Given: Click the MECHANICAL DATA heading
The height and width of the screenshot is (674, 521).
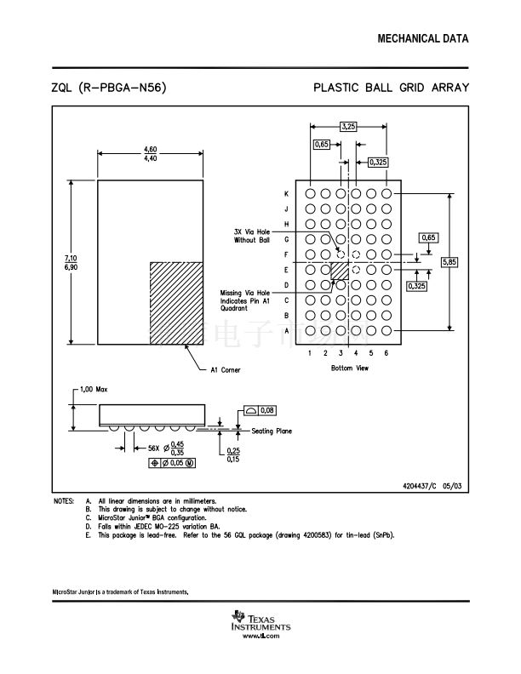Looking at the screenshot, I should click(x=422, y=39).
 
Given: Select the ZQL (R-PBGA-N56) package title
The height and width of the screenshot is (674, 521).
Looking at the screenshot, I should click(x=108, y=88).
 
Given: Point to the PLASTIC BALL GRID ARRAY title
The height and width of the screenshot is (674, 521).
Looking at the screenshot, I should click(x=391, y=88).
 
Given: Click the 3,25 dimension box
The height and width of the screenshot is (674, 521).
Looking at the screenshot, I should click(x=348, y=126).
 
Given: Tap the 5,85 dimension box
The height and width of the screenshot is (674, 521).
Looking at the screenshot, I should click(x=449, y=262).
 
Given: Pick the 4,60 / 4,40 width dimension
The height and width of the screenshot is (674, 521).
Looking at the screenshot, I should click(x=150, y=154).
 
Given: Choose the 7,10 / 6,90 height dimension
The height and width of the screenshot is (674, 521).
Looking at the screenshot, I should click(x=70, y=262).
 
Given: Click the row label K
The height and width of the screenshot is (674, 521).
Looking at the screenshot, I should click(x=287, y=193).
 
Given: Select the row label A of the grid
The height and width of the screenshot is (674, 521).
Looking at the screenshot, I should click(x=287, y=330).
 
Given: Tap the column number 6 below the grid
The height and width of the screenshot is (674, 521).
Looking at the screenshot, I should click(x=386, y=352).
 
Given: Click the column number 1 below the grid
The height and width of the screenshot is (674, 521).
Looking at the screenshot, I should click(x=311, y=352).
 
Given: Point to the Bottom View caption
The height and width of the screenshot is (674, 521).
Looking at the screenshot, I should click(x=349, y=368).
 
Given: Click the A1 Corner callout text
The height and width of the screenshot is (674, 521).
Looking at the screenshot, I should click(x=226, y=370).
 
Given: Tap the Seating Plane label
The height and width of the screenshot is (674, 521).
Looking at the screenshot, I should click(x=271, y=431).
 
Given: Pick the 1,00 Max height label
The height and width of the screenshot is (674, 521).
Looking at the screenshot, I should click(x=94, y=389).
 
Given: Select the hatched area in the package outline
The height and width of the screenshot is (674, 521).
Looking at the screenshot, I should click(x=176, y=302).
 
